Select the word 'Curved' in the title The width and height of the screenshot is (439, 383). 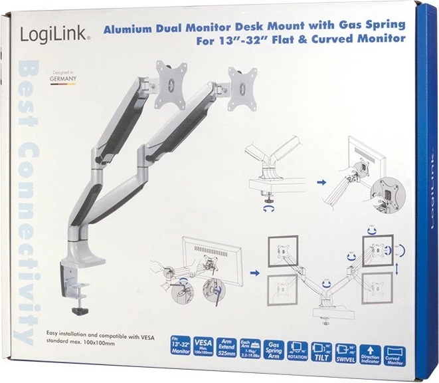[x=329, y=39]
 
